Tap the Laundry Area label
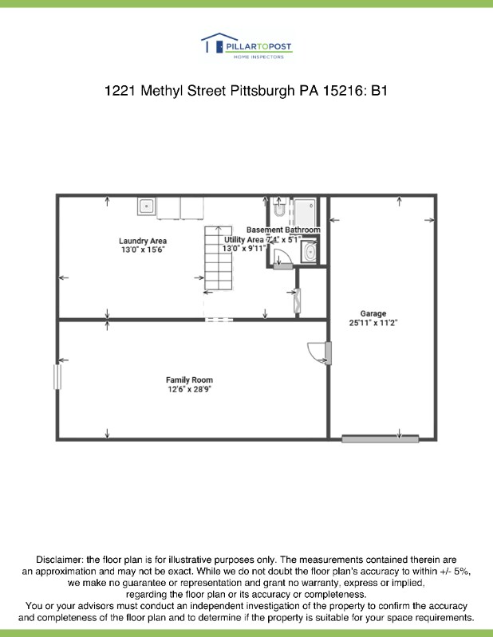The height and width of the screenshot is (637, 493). [143, 241]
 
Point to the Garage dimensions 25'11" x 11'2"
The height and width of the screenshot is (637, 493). [373, 323]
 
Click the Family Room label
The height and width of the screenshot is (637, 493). [189, 379]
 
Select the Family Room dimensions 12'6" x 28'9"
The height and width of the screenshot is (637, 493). [189, 390]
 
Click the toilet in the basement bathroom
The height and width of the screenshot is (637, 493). [278, 210]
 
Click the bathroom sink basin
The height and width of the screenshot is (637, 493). [310, 254]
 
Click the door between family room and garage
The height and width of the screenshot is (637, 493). [320, 352]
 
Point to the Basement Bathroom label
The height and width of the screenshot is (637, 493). [283, 230]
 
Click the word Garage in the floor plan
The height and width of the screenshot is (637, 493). [373, 313]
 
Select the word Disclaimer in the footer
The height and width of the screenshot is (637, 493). [58, 560]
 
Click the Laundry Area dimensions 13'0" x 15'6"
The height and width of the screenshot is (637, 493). [143, 250]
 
